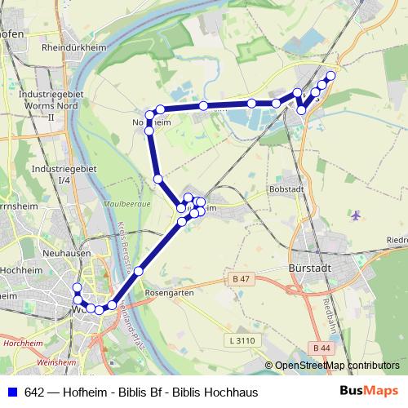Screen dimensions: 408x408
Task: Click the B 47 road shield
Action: pos(240,280)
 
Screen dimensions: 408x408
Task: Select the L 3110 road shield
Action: pos(242,339)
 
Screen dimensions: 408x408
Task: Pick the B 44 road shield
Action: pos(322,348)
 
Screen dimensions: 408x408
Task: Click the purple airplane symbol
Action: pos(355,215)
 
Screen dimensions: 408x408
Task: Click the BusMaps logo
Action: pos(369,392)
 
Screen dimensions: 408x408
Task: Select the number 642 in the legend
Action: pos(34,392)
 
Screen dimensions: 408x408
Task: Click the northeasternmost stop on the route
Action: pos(330,76)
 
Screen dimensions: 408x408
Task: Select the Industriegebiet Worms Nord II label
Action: pos(51,106)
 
